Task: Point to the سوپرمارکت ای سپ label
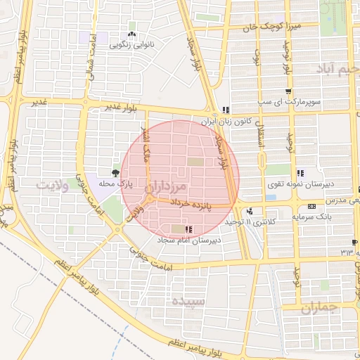(x=288, y=102)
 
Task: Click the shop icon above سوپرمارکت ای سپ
(x=288, y=92)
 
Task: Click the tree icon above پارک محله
(x=115, y=172)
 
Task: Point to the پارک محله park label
(x=115, y=184)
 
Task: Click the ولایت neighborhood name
(x=53, y=185)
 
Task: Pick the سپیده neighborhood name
(x=188, y=301)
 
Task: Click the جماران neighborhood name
(x=320, y=308)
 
